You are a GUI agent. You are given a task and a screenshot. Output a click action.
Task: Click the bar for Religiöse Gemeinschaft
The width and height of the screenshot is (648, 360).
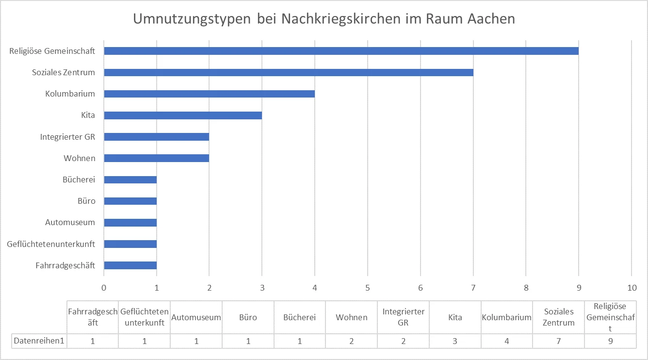(x=341, y=51)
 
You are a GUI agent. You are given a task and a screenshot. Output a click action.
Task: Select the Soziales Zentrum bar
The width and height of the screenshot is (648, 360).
(x=289, y=72)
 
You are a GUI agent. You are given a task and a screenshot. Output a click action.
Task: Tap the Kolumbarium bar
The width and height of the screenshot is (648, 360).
(x=209, y=94)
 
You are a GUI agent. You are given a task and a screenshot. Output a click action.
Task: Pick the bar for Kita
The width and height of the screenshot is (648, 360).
(x=183, y=115)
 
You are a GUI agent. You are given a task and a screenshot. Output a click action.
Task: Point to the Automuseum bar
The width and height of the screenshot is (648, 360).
(x=130, y=223)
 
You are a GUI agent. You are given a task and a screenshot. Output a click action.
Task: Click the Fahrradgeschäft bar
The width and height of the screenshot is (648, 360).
(x=130, y=265)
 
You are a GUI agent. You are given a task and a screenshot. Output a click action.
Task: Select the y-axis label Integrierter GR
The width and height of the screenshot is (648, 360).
(x=67, y=137)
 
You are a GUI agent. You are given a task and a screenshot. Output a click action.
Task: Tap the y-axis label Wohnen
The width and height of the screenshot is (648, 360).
(x=79, y=158)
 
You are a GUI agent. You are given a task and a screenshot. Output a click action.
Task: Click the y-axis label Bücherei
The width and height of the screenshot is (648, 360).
(x=79, y=180)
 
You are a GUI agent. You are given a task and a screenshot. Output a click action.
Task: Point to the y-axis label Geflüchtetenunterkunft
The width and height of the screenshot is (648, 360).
(x=51, y=244)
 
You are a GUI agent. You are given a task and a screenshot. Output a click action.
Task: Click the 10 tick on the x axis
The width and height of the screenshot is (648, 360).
(x=632, y=287)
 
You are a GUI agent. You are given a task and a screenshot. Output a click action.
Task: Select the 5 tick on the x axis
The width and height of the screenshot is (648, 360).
(x=368, y=287)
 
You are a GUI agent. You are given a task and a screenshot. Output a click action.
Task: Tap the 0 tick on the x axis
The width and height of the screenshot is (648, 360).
(x=104, y=287)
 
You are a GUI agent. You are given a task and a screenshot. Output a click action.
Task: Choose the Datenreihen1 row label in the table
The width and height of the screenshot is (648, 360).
(x=39, y=341)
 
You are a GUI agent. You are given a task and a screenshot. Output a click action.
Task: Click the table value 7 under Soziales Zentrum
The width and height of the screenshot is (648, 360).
(x=559, y=341)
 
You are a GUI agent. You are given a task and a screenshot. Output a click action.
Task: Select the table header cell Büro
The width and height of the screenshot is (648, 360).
(x=248, y=317)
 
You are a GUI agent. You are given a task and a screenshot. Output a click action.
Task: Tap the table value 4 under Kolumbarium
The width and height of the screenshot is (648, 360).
(x=507, y=341)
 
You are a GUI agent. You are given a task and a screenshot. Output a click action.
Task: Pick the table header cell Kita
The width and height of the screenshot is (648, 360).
(x=455, y=317)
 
